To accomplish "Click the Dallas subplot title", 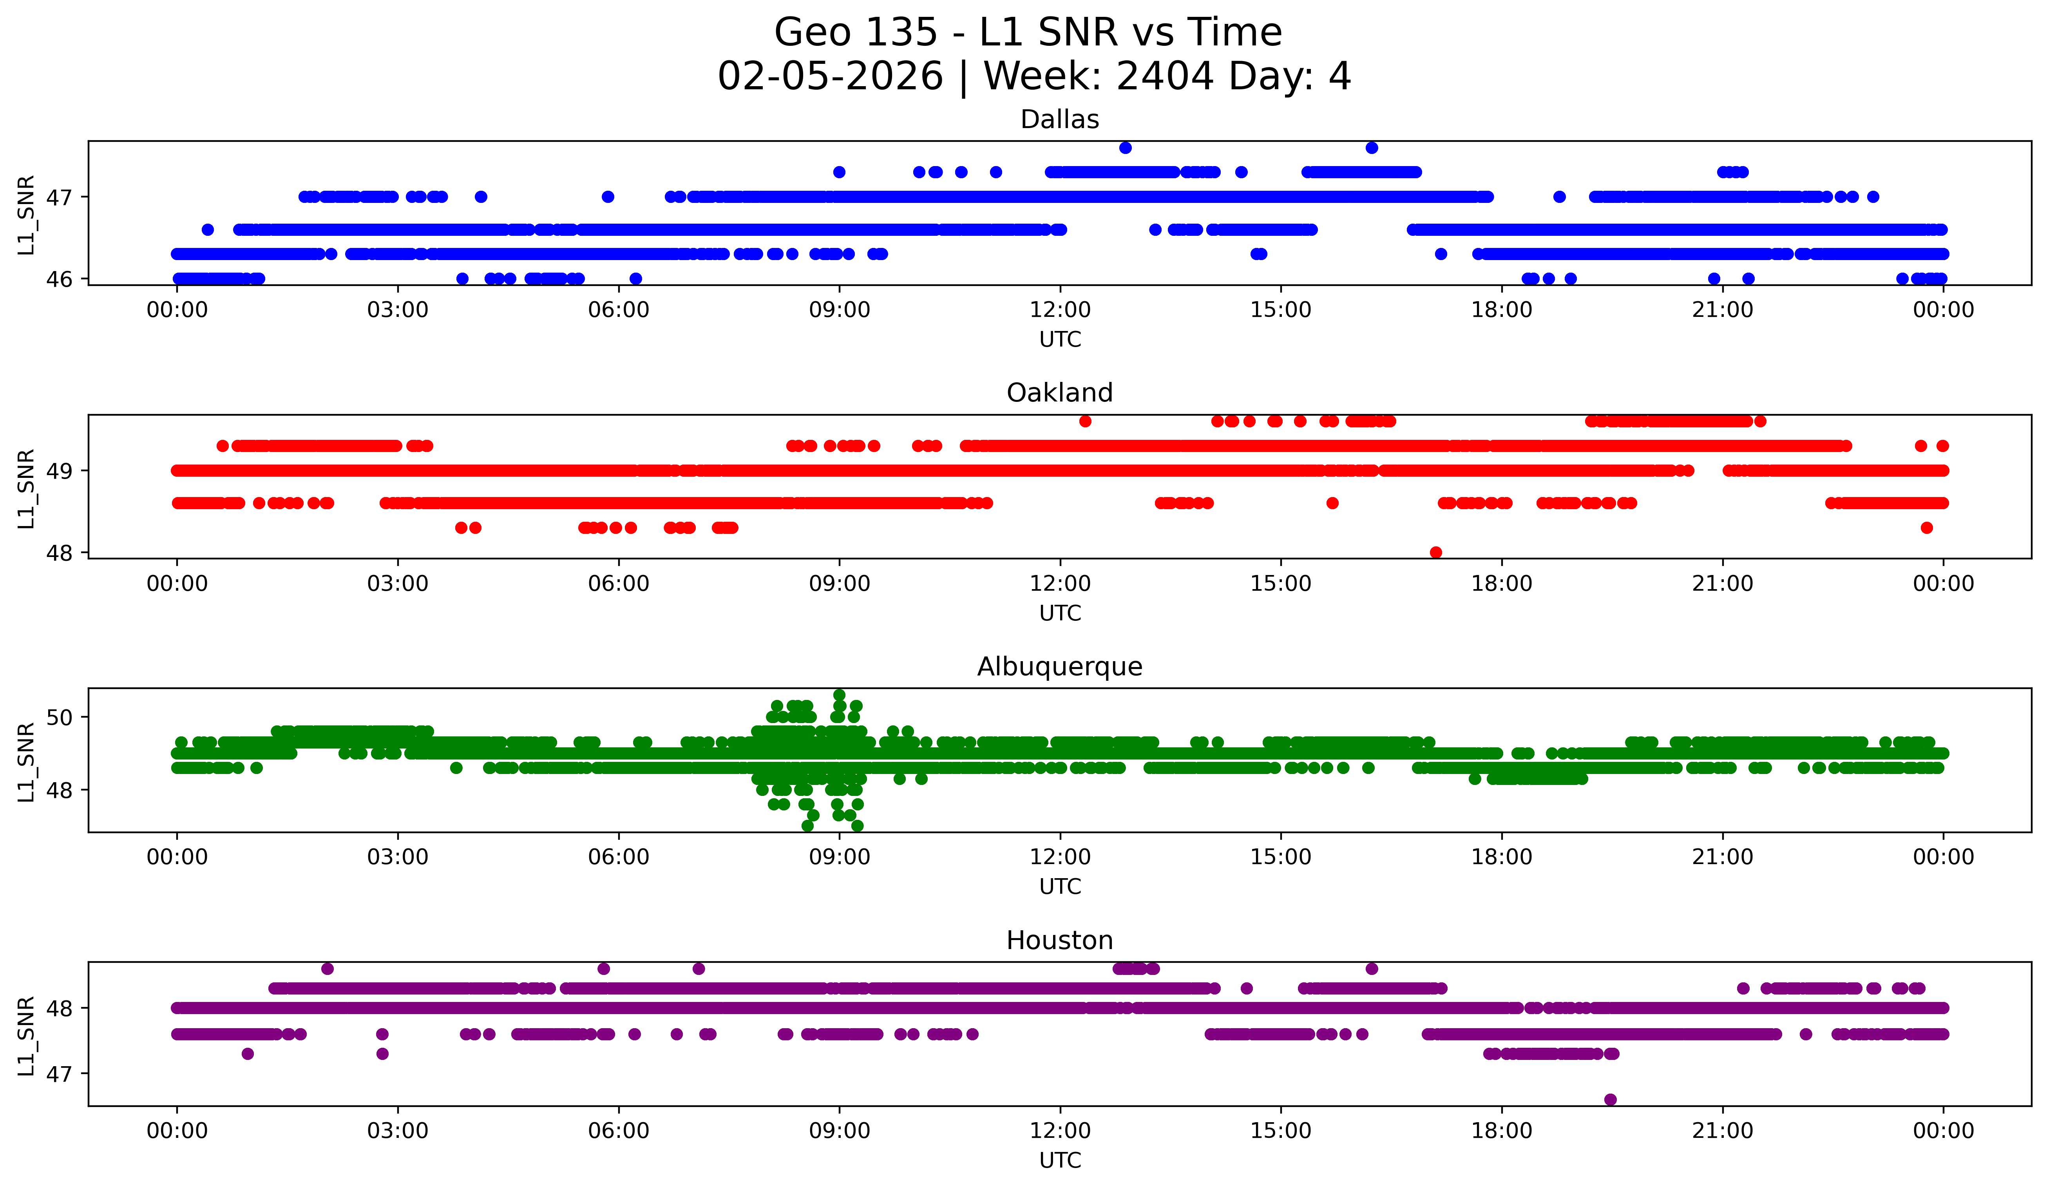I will (x=1059, y=119).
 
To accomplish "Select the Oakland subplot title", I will (x=1059, y=393).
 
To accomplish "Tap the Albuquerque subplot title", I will (x=1059, y=667).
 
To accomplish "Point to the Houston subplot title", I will (x=1059, y=940).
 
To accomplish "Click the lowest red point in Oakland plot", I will (x=1435, y=552).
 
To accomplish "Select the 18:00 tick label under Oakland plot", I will (x=1501, y=584).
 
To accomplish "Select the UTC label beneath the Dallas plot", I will (x=1059, y=340).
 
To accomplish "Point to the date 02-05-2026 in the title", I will (x=830, y=76).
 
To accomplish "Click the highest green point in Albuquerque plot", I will (x=839, y=695).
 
